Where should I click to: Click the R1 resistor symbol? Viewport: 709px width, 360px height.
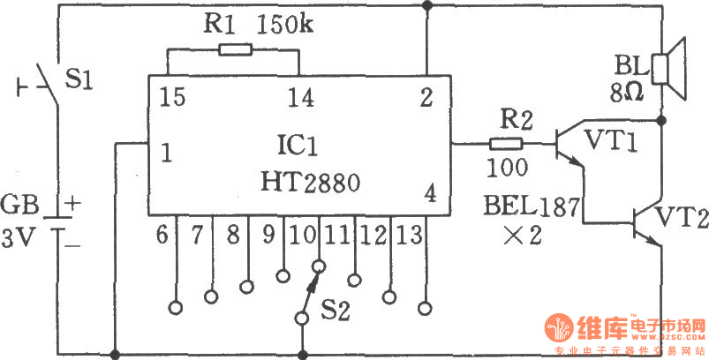235,49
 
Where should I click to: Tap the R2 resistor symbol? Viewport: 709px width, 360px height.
506,144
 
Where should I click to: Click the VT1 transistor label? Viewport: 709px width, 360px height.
612,141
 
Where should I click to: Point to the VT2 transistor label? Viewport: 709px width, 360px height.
682,217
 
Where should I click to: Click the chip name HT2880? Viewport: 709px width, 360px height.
310,183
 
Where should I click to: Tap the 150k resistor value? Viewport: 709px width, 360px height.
285,26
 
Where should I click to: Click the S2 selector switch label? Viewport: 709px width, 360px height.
336,311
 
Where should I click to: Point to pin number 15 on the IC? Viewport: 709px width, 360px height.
172,97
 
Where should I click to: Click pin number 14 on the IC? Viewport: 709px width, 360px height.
302,97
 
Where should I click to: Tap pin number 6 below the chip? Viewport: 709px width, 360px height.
162,236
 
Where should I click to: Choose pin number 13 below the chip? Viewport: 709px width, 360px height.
409,236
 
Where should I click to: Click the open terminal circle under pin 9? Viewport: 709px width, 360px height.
283,276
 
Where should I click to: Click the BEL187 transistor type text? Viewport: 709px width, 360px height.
532,207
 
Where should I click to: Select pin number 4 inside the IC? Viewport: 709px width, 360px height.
431,195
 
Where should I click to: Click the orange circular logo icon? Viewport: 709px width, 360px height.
559,327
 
